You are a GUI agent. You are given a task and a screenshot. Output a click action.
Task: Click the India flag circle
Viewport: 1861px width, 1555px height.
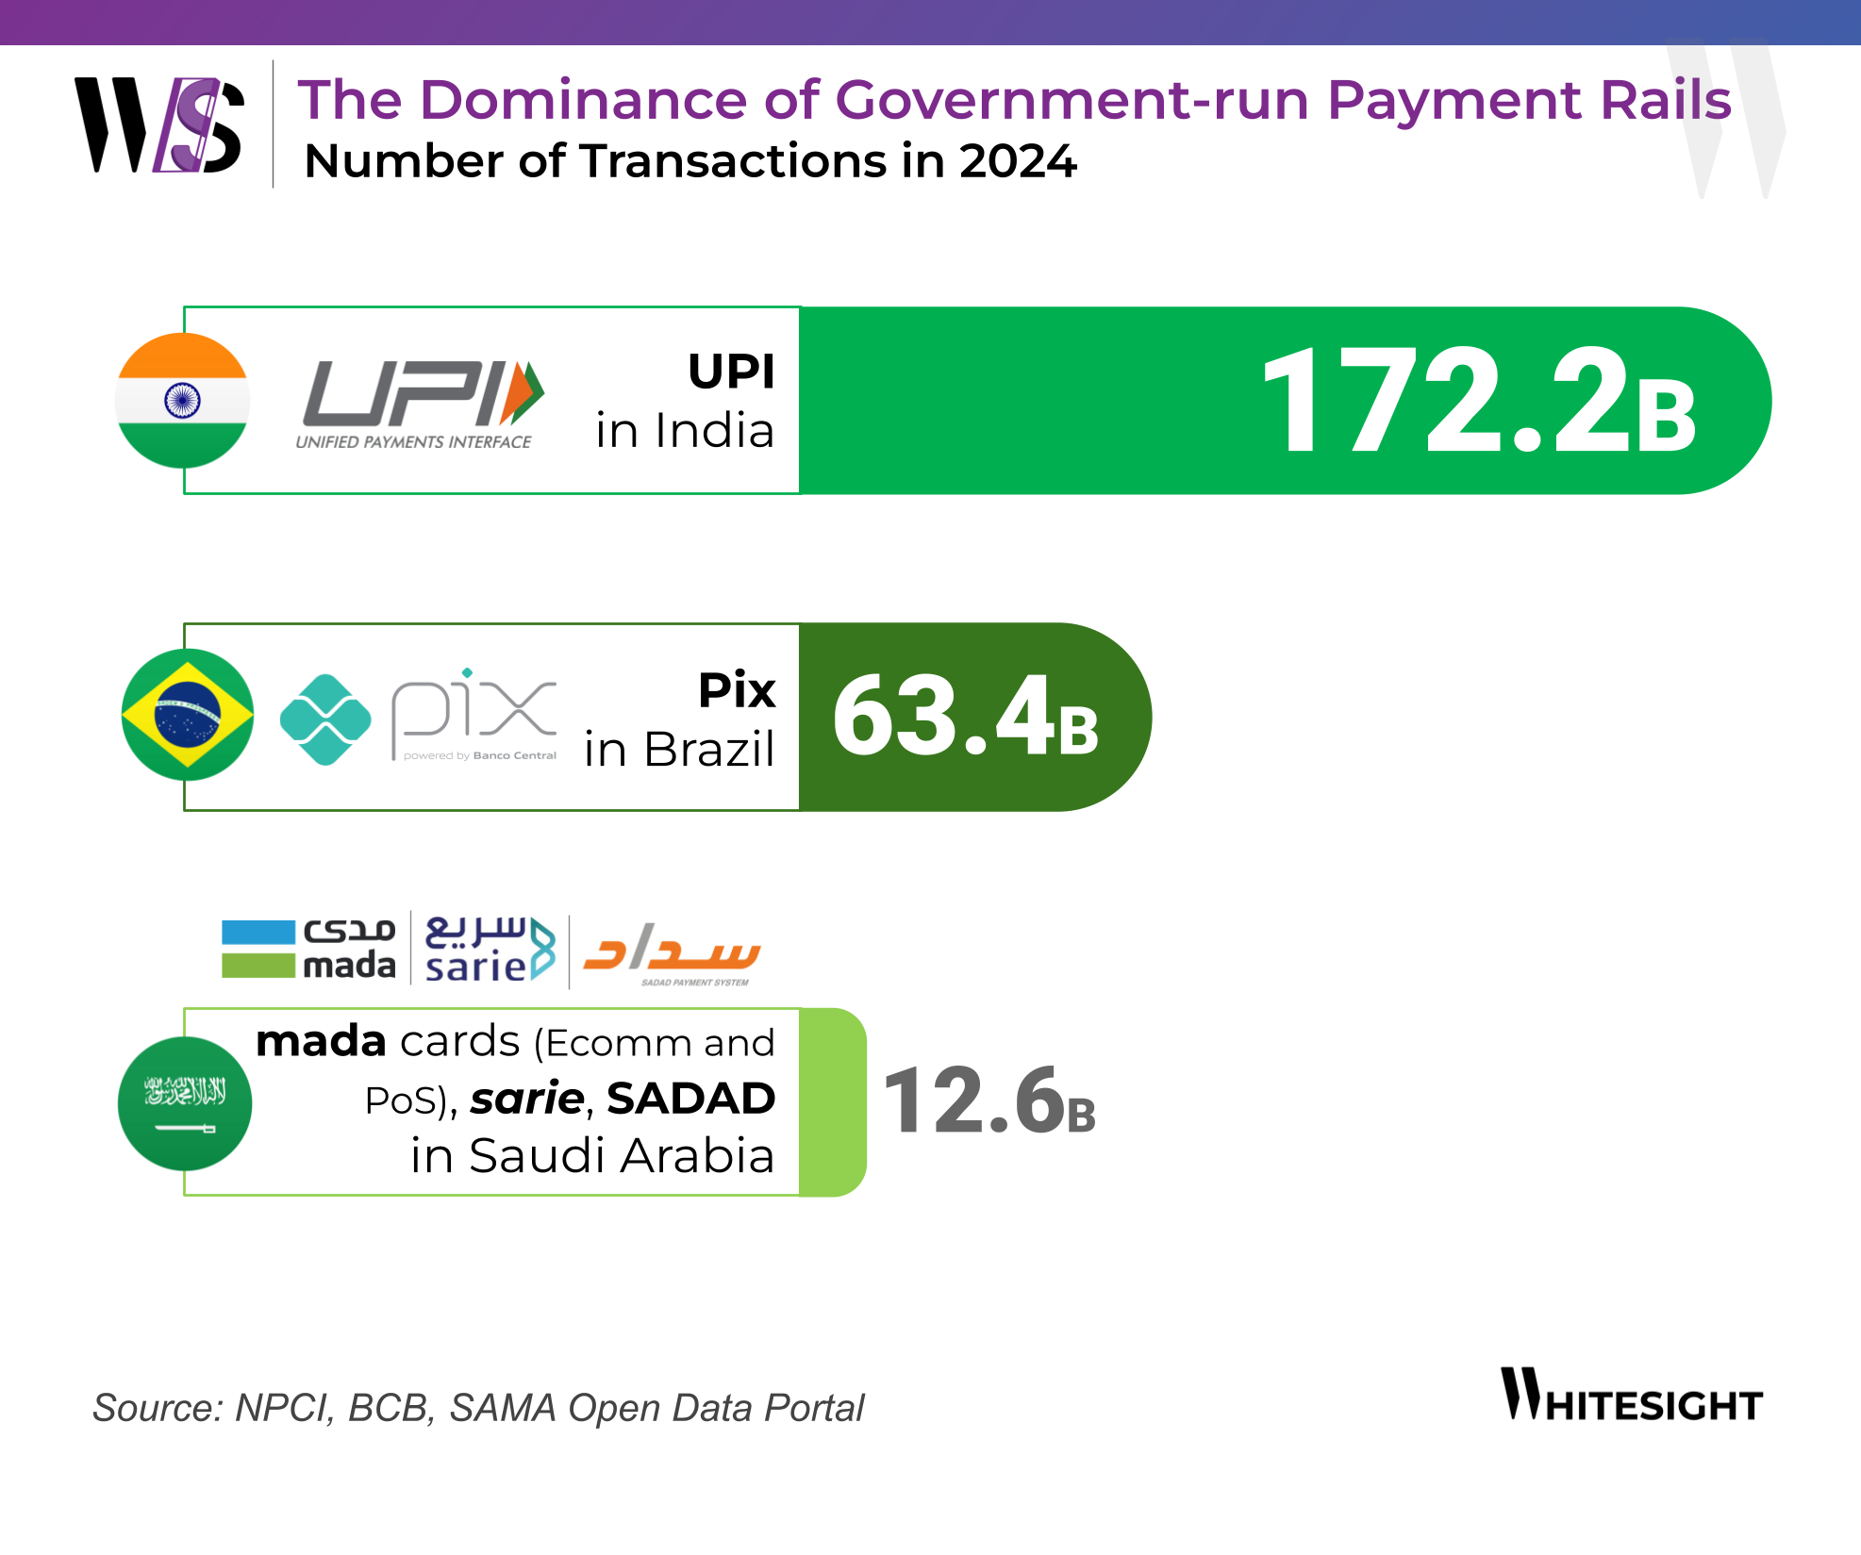[182, 401]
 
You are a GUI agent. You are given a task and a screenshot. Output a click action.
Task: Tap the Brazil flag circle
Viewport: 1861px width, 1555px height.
[188, 715]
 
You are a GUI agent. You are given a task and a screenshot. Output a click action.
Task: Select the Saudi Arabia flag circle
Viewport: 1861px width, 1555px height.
[185, 1103]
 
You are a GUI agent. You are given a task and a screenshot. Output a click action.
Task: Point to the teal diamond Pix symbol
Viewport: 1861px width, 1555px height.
[325, 720]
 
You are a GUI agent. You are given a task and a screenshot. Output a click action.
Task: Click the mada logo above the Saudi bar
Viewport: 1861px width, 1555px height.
[308, 950]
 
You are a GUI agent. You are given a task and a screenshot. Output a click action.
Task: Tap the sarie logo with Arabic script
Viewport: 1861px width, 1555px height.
[490, 950]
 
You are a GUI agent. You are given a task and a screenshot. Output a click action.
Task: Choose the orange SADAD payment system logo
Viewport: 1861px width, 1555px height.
[673, 952]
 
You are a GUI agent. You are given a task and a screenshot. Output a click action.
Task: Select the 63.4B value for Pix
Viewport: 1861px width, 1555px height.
[965, 717]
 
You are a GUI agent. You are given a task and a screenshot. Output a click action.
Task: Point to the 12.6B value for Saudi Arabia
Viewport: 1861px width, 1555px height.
[989, 1101]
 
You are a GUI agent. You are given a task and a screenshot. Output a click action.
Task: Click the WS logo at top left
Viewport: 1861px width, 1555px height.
[159, 125]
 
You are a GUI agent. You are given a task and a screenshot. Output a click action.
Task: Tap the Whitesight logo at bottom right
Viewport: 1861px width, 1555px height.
[1631, 1395]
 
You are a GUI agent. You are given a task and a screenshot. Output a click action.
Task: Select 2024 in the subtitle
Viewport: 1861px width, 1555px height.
[1018, 161]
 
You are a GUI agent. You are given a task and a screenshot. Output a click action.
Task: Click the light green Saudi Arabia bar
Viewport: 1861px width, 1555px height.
[832, 1102]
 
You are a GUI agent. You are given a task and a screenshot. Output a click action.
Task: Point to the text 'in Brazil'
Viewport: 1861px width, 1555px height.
[679, 751]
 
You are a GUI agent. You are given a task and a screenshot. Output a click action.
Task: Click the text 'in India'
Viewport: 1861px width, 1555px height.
[685, 432]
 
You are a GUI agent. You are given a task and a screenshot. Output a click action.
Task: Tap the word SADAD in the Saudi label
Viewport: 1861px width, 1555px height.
[690, 1099]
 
